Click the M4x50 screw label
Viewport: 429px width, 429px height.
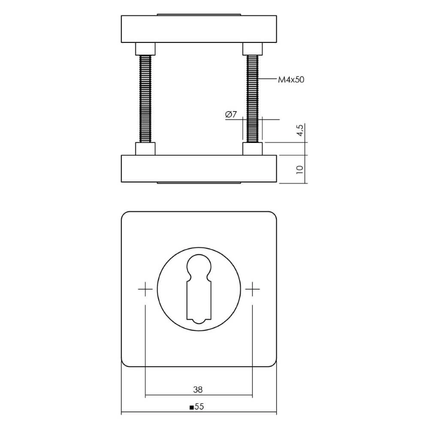click(x=291, y=80)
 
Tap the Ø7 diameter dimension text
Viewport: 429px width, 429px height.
click(x=231, y=115)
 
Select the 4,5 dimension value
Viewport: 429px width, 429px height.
click(x=300, y=130)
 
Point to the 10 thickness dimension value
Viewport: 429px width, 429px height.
click(x=300, y=169)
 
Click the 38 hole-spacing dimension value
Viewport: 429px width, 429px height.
click(x=198, y=390)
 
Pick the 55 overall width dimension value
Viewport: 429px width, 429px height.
click(x=199, y=407)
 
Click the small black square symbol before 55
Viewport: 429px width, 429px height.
click(x=192, y=408)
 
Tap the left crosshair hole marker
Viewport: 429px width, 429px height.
click(x=145, y=289)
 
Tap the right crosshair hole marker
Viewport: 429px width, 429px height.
click(x=252, y=289)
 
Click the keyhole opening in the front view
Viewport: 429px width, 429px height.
click(x=199, y=289)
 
